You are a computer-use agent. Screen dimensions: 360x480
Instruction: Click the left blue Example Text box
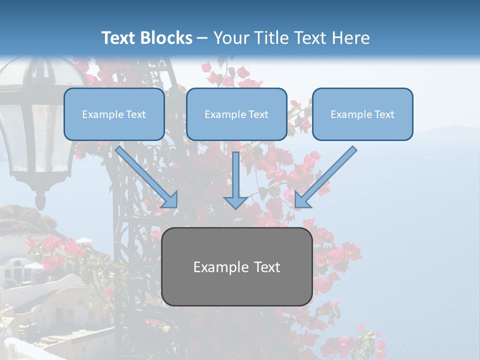click(x=114, y=114)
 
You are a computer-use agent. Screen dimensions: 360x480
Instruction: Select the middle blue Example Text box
click(x=236, y=114)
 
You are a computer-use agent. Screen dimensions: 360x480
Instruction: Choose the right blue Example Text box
click(x=362, y=114)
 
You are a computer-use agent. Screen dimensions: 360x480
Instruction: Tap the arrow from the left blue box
click(x=145, y=175)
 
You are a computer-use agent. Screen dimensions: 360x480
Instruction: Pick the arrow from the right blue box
click(x=327, y=175)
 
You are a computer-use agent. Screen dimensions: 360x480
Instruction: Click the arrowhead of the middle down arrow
click(x=236, y=202)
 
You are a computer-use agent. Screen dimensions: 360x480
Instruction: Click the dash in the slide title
click(x=202, y=38)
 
